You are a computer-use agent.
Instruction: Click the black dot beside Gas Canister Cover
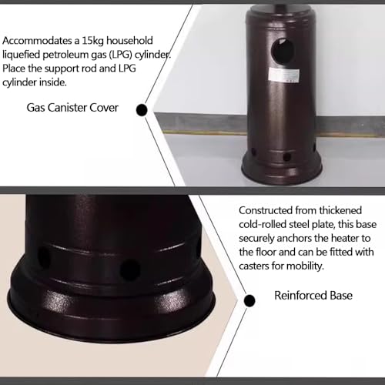[x=142, y=110]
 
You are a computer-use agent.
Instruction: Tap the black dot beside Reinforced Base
[x=249, y=300]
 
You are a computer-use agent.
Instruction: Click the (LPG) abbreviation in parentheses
[x=121, y=55]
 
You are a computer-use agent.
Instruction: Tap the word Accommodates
[x=38, y=41]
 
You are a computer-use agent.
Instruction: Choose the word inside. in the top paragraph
[x=53, y=82]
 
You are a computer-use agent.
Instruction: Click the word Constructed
[x=266, y=210]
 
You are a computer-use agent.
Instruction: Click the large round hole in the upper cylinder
[x=283, y=52]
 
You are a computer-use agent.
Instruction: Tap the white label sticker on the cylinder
[x=284, y=75]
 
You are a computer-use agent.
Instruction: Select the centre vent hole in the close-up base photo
[x=130, y=269]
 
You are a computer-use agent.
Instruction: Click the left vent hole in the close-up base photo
[x=45, y=257]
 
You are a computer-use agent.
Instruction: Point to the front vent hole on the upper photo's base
[x=286, y=157]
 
